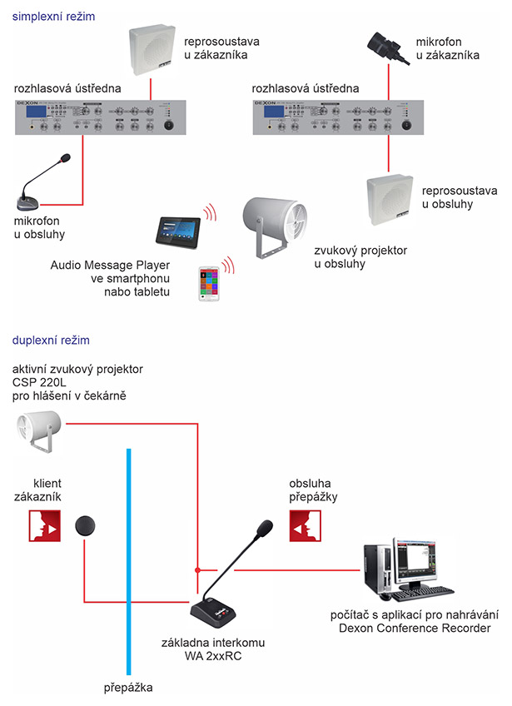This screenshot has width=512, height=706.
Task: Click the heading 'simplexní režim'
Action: tap(51, 15)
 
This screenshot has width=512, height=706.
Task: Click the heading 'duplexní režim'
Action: tap(50, 341)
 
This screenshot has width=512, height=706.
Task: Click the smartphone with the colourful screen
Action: tap(209, 284)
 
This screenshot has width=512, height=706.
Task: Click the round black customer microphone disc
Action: tap(87, 526)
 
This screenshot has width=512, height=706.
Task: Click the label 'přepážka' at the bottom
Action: tap(129, 689)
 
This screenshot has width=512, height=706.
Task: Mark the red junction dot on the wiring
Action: tap(196, 570)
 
